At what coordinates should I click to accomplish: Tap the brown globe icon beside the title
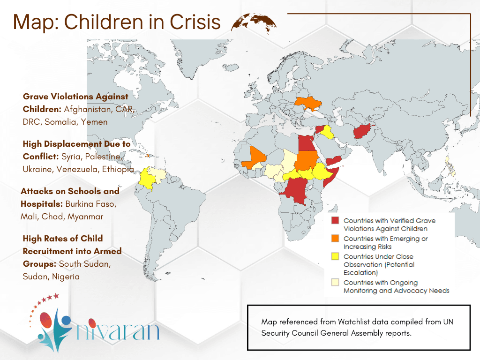(x=254, y=22)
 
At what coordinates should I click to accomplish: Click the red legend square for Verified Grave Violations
(x=335, y=221)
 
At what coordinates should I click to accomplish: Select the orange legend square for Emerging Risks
(x=335, y=239)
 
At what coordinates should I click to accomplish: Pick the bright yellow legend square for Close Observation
(x=335, y=257)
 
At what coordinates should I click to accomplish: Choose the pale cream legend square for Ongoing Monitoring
(x=335, y=283)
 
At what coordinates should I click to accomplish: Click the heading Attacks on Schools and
(x=70, y=191)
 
